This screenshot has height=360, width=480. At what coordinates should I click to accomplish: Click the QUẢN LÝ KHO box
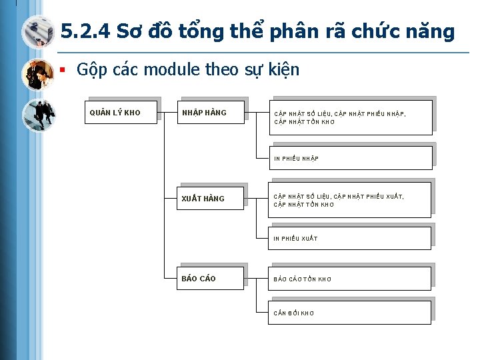[120, 112]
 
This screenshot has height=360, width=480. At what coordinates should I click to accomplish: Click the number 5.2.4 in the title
[85, 31]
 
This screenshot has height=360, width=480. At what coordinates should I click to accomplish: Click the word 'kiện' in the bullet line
[283, 69]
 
